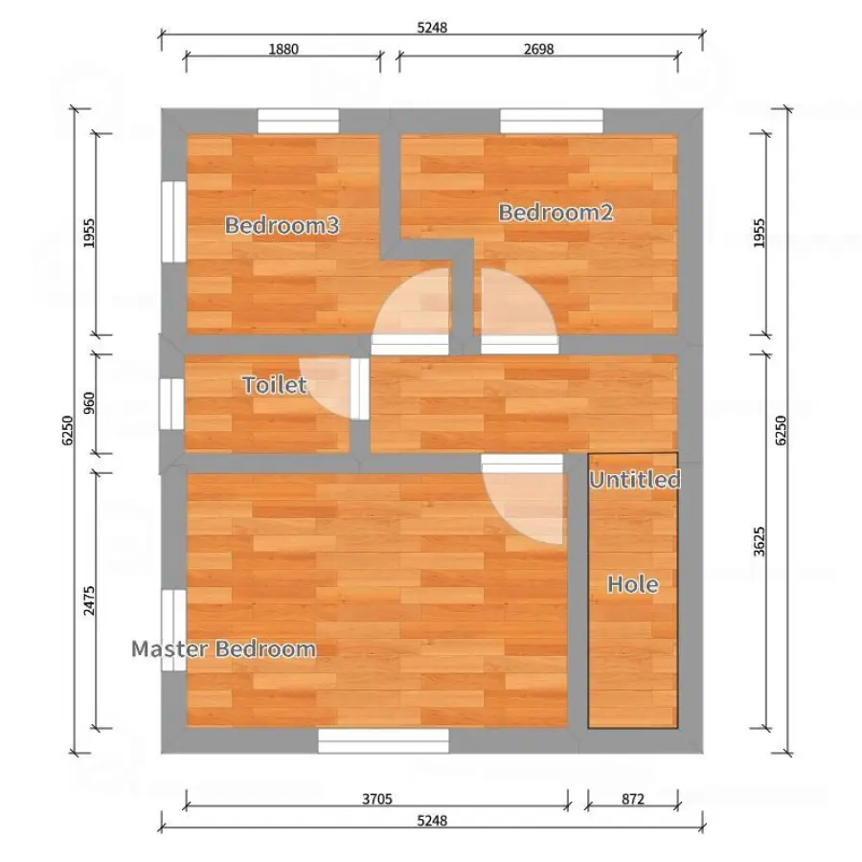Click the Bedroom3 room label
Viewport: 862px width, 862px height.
pos(282,225)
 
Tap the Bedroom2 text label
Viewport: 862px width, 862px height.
pos(556,213)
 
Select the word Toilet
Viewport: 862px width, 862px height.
pos(274,385)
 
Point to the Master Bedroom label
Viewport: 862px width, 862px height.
pos(224,649)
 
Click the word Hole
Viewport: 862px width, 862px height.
pos(633,584)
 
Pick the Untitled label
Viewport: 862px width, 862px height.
pos(635,480)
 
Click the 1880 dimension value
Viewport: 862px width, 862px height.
pos(284,49)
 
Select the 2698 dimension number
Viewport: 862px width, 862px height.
pos(538,49)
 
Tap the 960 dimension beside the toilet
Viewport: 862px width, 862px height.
pos(88,403)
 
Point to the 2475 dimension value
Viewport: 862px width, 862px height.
pos(88,601)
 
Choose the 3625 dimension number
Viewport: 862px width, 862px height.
pos(760,541)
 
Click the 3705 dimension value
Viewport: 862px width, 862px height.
pos(377,799)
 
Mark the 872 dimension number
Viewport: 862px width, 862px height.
pos(633,799)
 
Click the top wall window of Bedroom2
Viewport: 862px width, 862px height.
pos(552,121)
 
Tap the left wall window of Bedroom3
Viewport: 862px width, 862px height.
pos(173,221)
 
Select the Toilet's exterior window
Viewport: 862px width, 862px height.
pos(171,403)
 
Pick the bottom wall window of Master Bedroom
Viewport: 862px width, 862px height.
pos(384,740)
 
